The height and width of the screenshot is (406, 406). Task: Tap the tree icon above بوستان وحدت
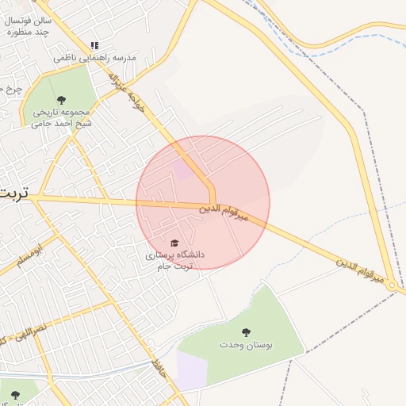tap(244, 332)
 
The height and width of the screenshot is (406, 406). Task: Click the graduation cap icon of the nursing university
tap(175, 243)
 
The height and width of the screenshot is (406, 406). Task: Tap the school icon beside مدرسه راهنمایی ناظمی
tap(95, 46)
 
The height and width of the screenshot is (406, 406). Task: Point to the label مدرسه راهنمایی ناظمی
tap(95, 58)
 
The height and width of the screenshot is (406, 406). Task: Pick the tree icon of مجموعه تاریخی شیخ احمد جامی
tap(61, 99)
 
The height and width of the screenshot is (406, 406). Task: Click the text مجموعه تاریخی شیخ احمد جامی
tap(61, 117)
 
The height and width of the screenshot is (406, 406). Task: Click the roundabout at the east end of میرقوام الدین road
tap(393, 286)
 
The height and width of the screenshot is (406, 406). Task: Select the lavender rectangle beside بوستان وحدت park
tap(192, 370)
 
